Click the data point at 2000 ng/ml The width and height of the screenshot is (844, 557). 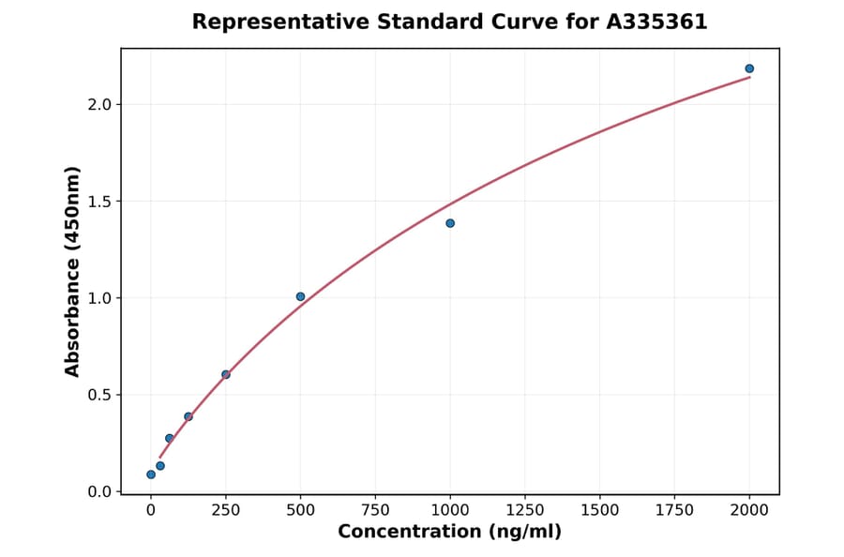749,68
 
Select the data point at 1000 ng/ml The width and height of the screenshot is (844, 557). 450,223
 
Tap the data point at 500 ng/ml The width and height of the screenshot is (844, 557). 300,296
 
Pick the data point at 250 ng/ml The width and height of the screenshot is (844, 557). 226,374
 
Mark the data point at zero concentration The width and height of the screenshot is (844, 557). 151,474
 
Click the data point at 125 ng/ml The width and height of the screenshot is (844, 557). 188,416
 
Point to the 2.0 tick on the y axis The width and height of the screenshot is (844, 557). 99,104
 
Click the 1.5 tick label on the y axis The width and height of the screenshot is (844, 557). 99,202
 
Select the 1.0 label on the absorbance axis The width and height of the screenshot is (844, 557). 99,298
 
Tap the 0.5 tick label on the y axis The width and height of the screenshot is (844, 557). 99,395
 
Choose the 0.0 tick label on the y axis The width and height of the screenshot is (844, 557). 99,492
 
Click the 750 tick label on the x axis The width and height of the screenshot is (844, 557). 375,510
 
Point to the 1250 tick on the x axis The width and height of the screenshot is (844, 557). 525,510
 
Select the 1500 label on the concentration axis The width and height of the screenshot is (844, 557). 600,510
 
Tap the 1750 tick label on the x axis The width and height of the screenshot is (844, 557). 675,510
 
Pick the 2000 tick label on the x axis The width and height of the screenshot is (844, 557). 749,510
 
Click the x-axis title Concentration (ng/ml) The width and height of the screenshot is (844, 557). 449,533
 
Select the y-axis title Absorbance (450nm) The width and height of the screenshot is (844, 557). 73,271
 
